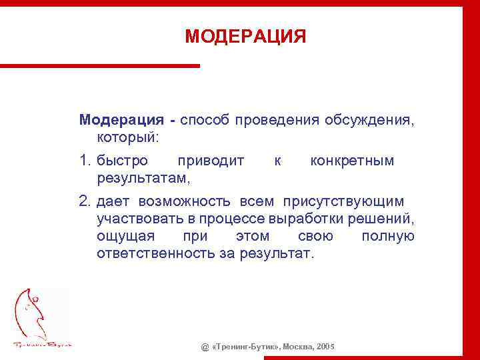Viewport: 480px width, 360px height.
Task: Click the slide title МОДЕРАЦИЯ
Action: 245,36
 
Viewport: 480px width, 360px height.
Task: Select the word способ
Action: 204,120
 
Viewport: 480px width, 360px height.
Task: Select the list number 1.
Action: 85,161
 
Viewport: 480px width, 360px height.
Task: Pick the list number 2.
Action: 85,201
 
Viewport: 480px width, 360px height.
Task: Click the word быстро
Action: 123,161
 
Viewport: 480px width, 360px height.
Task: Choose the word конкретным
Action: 352,161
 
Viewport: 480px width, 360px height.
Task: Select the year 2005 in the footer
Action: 326,347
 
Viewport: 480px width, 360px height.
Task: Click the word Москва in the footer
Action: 299,347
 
